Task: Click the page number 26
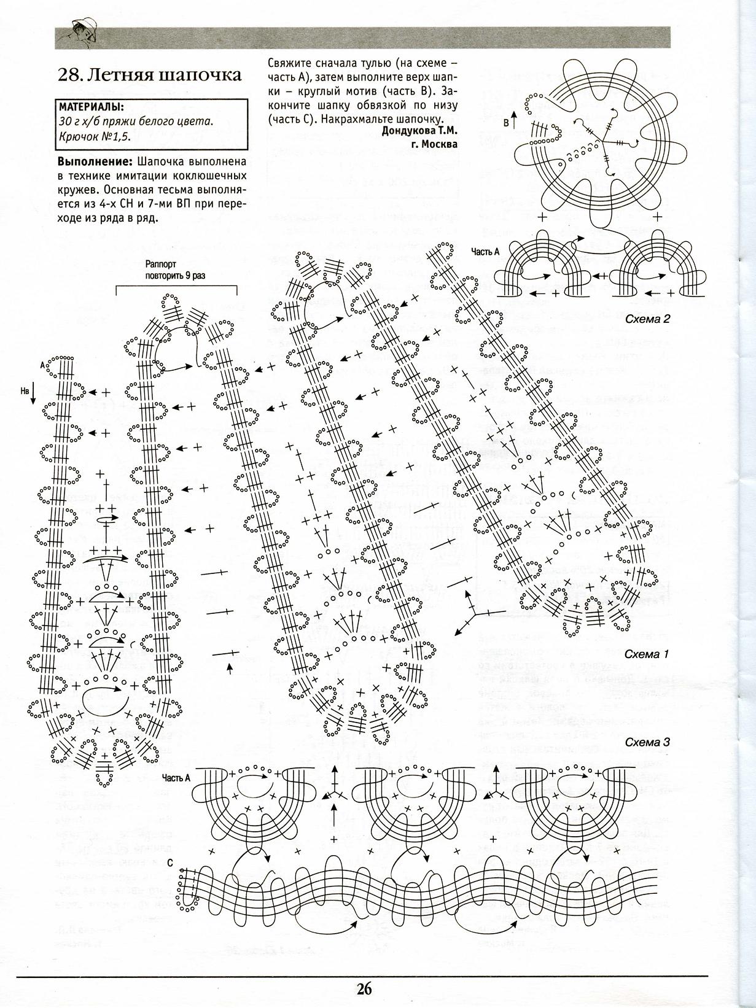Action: point(363,988)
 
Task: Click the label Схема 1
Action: point(646,654)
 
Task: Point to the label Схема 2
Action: point(647,319)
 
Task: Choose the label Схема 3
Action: point(647,742)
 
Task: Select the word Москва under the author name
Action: point(442,144)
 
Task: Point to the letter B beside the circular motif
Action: point(507,123)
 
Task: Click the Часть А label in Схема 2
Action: point(485,251)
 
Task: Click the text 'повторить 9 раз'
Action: point(176,276)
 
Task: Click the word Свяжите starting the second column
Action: point(289,63)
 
